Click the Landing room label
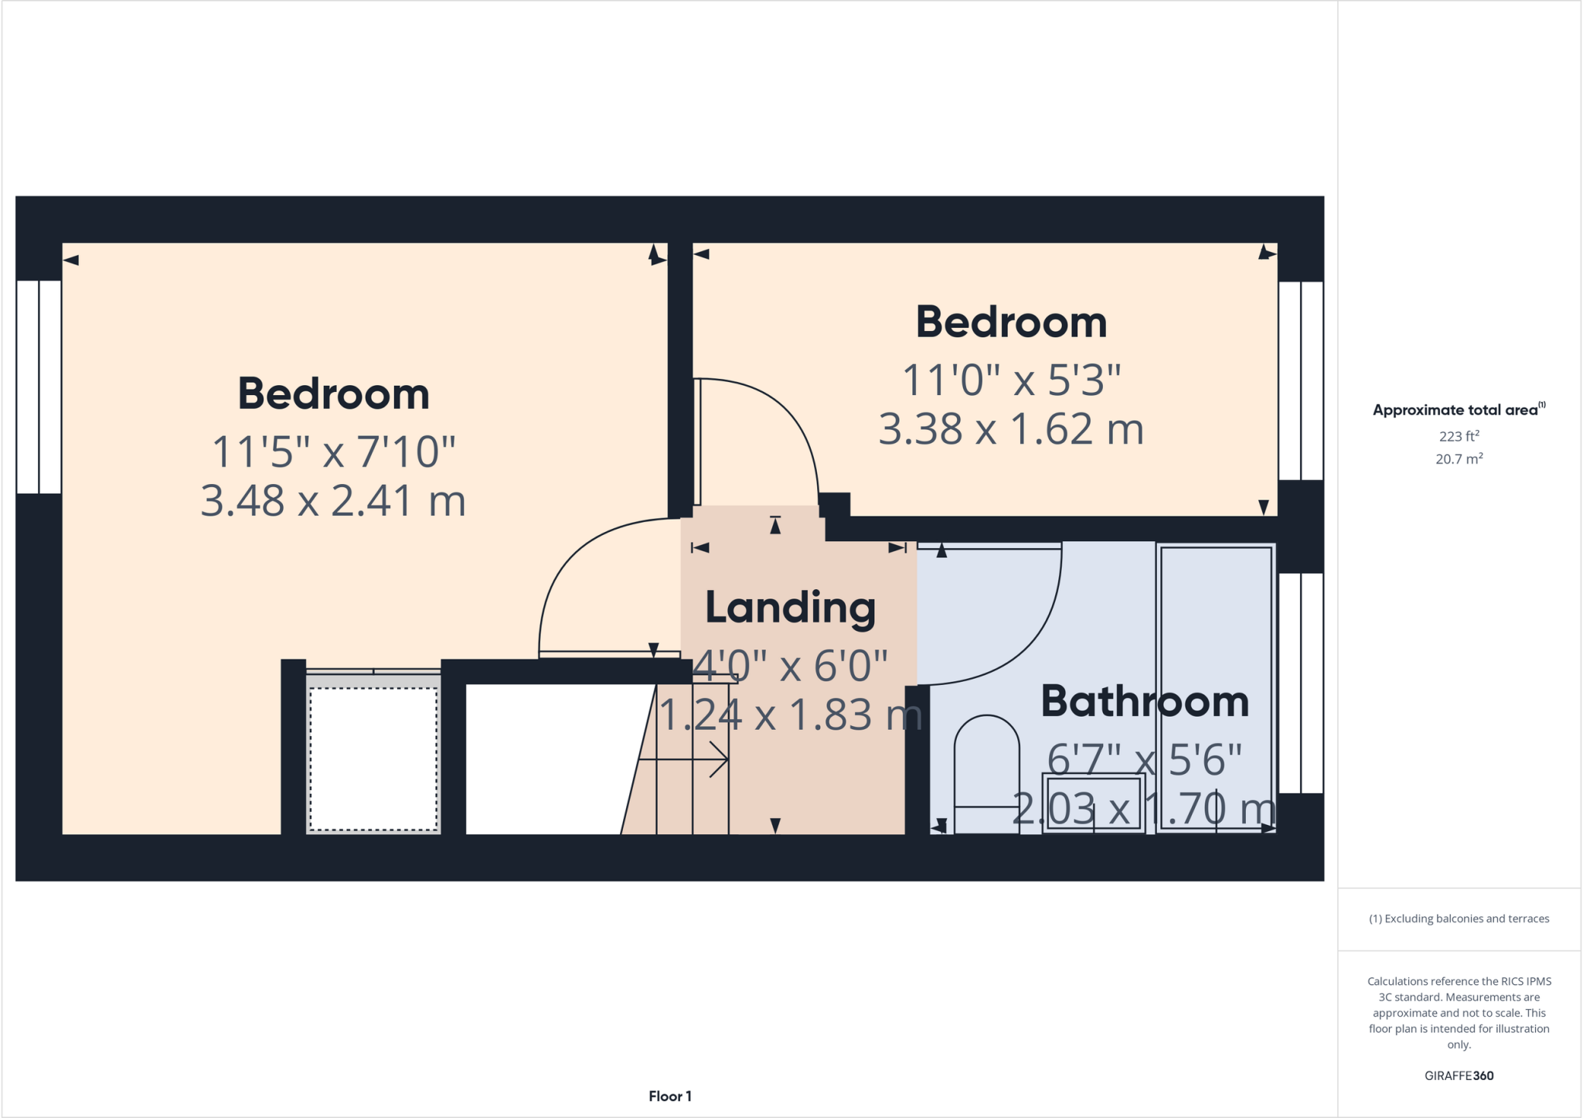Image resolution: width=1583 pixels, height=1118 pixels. (x=790, y=608)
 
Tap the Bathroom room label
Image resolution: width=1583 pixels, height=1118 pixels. (x=1144, y=701)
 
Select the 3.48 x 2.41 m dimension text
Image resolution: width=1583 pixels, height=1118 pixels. (x=333, y=501)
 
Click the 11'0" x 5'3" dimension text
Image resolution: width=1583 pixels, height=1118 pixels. (x=1011, y=380)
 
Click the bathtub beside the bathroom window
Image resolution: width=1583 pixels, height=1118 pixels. (x=1216, y=688)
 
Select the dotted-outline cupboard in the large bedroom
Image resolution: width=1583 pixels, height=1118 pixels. (x=373, y=758)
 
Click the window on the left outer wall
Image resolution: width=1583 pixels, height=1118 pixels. (x=39, y=387)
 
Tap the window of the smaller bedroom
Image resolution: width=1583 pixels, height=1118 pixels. (x=1301, y=380)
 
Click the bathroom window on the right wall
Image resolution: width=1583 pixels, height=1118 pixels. (x=1301, y=683)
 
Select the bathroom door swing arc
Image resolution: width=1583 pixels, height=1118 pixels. (x=1020, y=642)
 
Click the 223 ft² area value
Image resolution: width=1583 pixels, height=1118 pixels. (x=1459, y=436)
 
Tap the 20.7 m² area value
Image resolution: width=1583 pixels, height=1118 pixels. (x=1459, y=459)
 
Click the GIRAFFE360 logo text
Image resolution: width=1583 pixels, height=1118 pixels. (x=1459, y=1075)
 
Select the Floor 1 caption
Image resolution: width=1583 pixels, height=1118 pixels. (x=669, y=1096)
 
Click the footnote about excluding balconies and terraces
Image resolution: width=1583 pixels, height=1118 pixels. (x=1459, y=919)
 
